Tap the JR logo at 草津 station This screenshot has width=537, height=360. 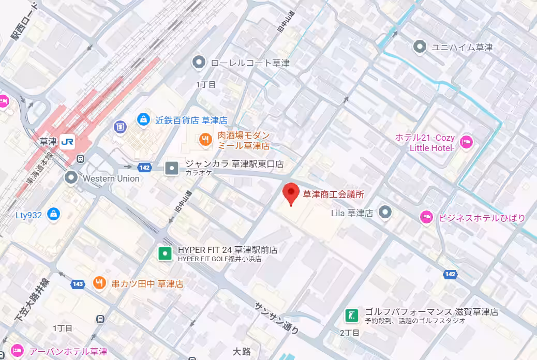tap(67, 141)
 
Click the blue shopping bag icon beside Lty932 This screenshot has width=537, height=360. tap(53, 214)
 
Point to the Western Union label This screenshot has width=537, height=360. tap(111, 178)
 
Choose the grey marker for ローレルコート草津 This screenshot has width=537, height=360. tap(199, 63)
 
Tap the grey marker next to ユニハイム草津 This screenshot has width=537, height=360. tap(420, 47)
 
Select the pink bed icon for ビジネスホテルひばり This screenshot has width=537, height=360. tap(426, 217)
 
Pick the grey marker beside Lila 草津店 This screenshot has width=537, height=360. tap(384, 212)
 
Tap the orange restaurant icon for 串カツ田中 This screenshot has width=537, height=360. tap(99, 283)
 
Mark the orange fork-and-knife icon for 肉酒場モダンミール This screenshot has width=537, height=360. tap(205, 139)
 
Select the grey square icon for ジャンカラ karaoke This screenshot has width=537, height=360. tap(171, 168)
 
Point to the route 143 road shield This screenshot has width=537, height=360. tap(78, 283)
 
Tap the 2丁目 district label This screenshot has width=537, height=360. tap(349, 333)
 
